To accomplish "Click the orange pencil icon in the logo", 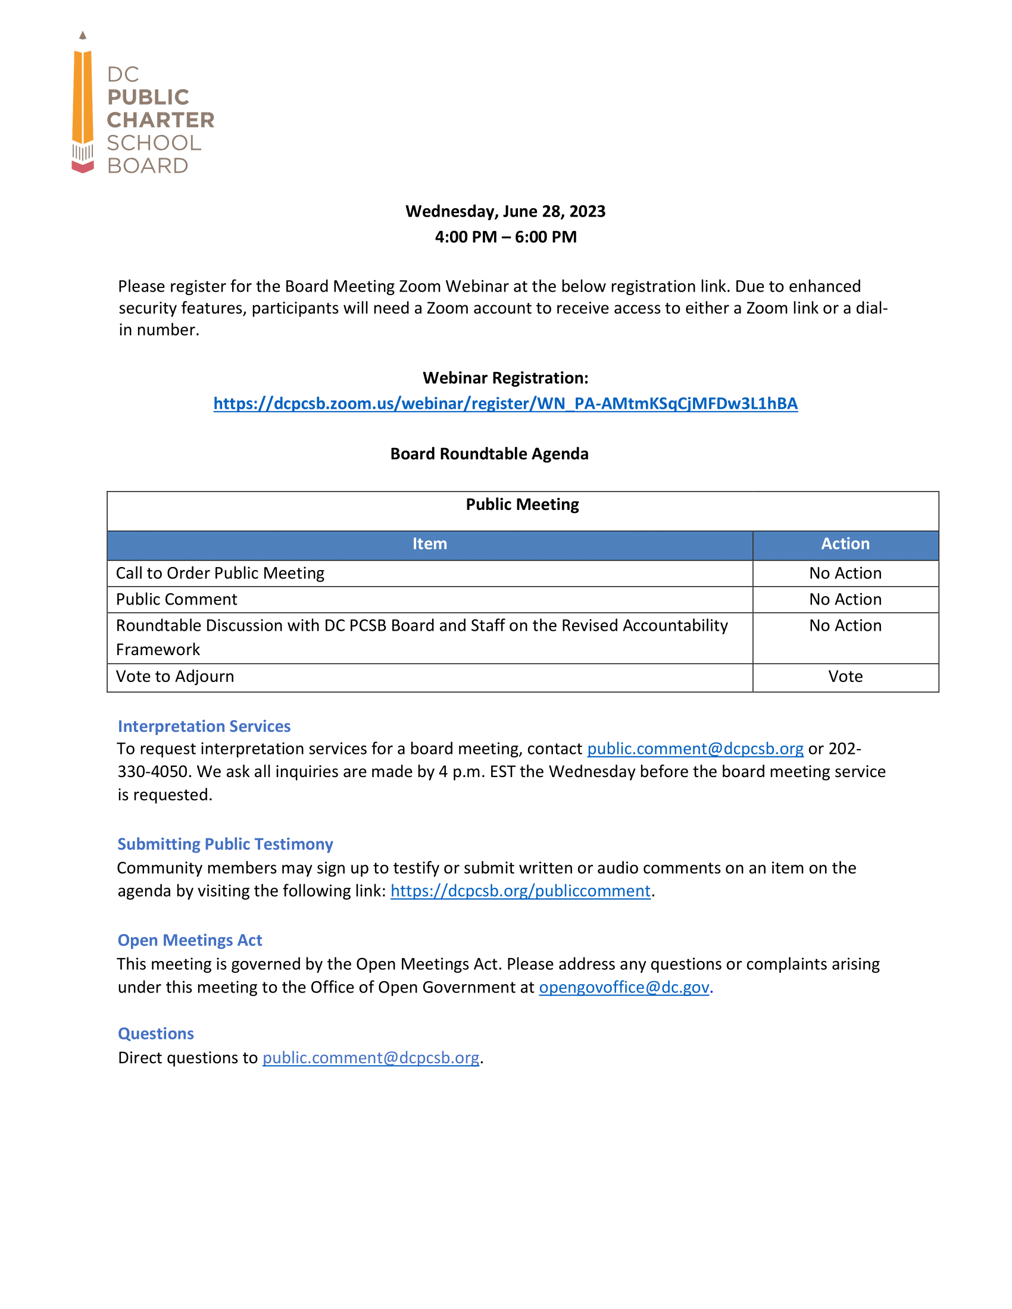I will [x=83, y=99].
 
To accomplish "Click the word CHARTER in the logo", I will [x=160, y=120].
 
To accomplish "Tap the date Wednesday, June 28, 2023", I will [x=505, y=212].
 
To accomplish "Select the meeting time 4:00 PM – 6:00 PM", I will [x=505, y=237].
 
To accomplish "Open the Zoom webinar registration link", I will [x=505, y=403].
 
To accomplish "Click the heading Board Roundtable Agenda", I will [x=489, y=454].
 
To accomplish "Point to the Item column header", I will [x=429, y=544].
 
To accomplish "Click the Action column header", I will [x=845, y=544].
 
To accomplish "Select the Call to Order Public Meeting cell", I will [x=220, y=574].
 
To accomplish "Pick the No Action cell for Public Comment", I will [x=845, y=599].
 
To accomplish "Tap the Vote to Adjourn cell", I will [x=175, y=677].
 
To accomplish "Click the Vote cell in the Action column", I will [x=845, y=677].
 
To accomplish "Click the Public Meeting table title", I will [x=522, y=505].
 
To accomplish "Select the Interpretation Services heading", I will [x=204, y=726].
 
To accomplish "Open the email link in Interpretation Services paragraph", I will [x=695, y=749].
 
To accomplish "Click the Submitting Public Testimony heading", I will [x=225, y=844].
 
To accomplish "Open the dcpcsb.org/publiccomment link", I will [x=520, y=891].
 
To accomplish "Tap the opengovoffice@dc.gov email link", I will [x=623, y=988].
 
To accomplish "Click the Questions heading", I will [x=156, y=1034].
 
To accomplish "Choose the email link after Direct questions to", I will [x=370, y=1059].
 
